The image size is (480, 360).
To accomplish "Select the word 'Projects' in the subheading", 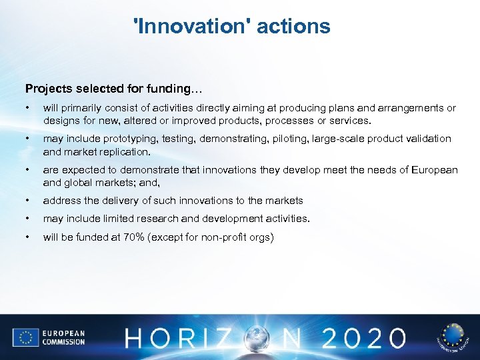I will pyautogui.click(x=46, y=89).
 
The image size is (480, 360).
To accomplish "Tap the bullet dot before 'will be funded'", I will pyautogui.click(x=27, y=237).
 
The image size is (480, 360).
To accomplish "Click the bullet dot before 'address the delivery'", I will pyautogui.click(x=27, y=200).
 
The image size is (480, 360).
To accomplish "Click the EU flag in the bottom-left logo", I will pyautogui.click(x=25, y=337).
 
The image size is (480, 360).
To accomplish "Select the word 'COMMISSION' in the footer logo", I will pyautogui.click(x=65, y=341).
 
